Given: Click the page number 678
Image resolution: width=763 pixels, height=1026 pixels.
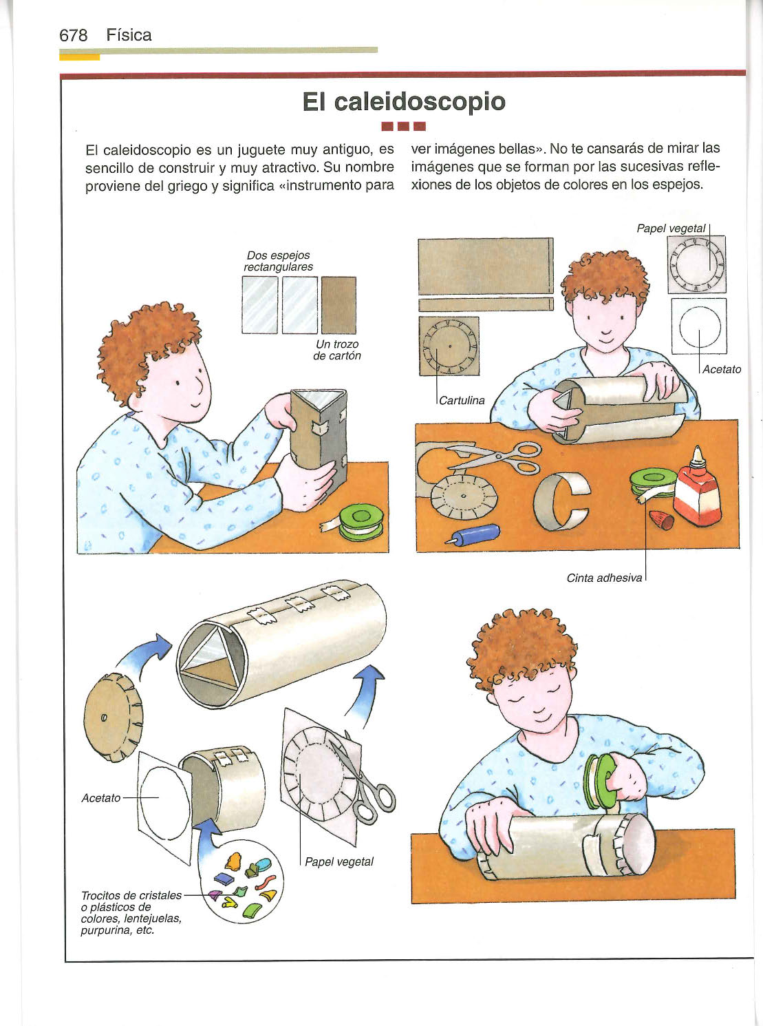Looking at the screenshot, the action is tap(73, 36).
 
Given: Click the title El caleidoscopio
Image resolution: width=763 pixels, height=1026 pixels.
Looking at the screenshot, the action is tap(404, 102).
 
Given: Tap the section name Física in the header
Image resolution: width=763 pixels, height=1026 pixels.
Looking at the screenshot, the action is tap(129, 35).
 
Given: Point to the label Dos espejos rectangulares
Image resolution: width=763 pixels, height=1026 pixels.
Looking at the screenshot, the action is tap(278, 261).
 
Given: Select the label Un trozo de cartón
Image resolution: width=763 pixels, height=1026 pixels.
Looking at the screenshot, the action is tap(337, 350).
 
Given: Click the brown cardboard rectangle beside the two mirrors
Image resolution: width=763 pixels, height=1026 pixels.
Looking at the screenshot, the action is tap(338, 305).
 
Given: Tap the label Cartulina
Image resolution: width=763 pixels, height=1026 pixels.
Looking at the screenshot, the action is tap(462, 401).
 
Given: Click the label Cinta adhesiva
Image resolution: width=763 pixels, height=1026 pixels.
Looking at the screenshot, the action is tap(604, 578).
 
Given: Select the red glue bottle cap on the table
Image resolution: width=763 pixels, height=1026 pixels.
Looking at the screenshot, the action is tap(661, 520).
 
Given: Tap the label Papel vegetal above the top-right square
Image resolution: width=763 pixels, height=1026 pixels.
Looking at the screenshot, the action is tap(671, 229).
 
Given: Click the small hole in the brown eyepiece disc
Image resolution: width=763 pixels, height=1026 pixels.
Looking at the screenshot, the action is tap(104, 718).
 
